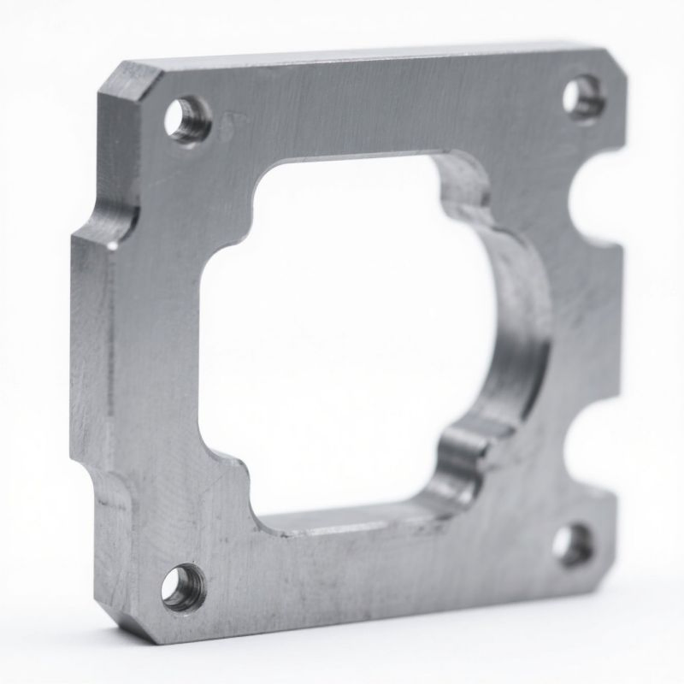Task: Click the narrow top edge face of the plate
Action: point(359,55)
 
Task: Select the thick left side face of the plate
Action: point(90,359)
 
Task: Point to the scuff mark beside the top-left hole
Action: point(229,124)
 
